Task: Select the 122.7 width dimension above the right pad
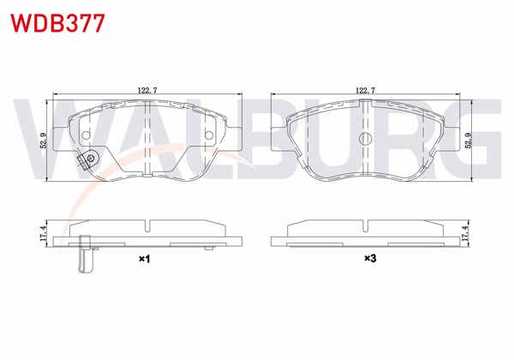click(365, 88)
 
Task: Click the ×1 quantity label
click(144, 258)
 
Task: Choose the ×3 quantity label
click(370, 258)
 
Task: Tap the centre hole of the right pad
click(365, 139)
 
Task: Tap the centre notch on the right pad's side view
click(365, 226)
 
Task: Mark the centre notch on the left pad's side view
click(149, 226)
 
